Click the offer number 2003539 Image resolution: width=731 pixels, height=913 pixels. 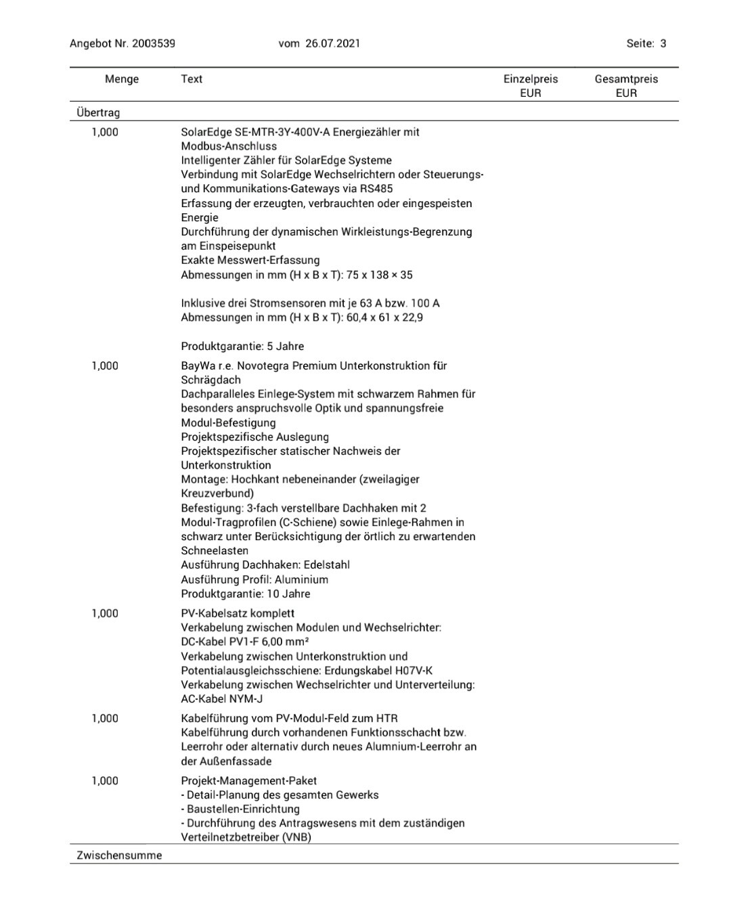pyautogui.click(x=154, y=43)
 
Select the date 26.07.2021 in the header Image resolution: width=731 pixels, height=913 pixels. pyautogui.click(x=332, y=43)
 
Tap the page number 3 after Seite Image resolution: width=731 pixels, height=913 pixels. pyautogui.click(x=663, y=43)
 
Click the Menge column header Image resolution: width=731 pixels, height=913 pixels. pyautogui.click(x=122, y=79)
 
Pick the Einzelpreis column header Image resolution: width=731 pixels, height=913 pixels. pyautogui.click(x=531, y=79)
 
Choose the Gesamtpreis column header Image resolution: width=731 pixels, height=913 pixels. pyautogui.click(x=626, y=79)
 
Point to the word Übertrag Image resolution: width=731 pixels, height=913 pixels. pyautogui.click(x=98, y=112)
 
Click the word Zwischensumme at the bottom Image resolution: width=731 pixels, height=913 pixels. pyautogui.click(x=119, y=855)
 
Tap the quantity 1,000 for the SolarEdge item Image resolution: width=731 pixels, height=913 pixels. pyautogui.click(x=105, y=132)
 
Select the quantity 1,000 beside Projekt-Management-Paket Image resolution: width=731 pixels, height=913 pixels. pyautogui.click(x=105, y=780)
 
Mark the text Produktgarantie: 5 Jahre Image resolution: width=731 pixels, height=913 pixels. pyautogui.click(x=242, y=346)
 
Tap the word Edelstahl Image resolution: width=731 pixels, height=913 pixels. pyautogui.click(x=327, y=564)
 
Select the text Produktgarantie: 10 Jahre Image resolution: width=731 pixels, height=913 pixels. pyautogui.click(x=245, y=594)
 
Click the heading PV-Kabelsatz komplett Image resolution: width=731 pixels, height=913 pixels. pyautogui.click(x=238, y=613)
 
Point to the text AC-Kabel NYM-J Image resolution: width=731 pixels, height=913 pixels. pyautogui.click(x=221, y=698)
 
